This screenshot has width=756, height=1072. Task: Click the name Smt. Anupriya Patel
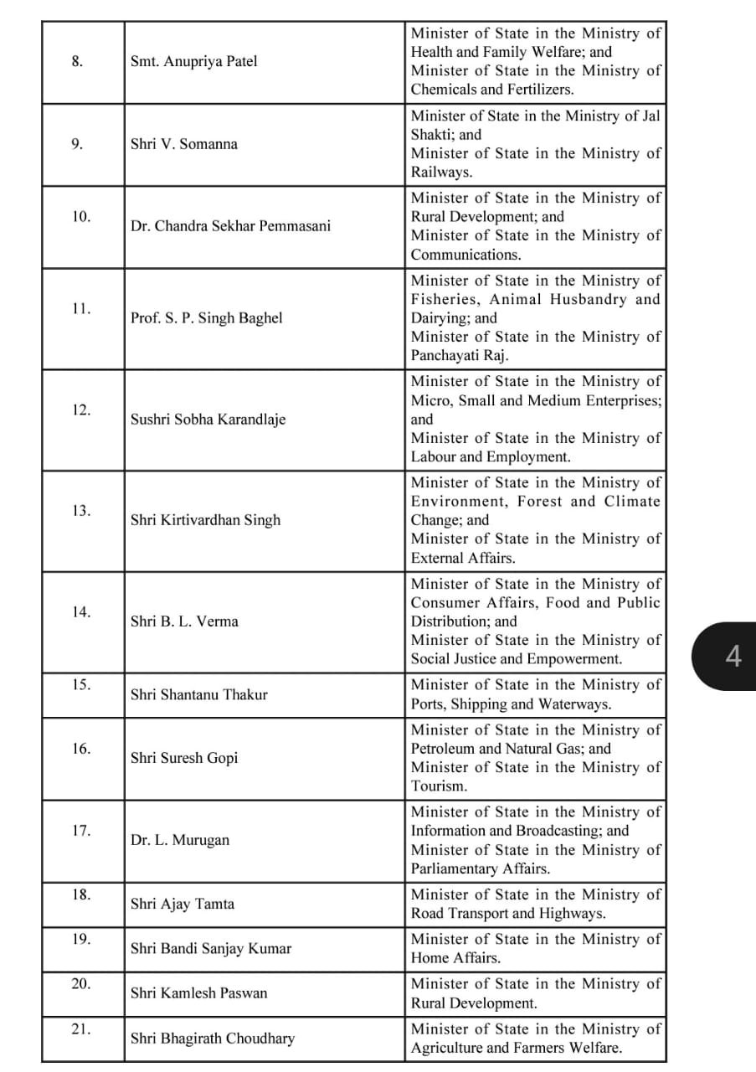click(x=193, y=61)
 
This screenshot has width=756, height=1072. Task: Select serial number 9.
click(x=77, y=144)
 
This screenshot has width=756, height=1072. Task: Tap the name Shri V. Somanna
click(x=183, y=144)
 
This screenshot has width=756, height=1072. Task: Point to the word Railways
click(x=441, y=173)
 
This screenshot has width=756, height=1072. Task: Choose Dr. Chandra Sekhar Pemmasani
click(x=230, y=226)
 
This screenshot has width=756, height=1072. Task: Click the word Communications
click(x=465, y=255)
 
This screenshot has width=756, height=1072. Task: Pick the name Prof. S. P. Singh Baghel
click(x=206, y=318)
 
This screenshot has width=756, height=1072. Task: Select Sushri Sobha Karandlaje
click(x=208, y=420)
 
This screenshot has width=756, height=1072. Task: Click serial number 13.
click(x=81, y=511)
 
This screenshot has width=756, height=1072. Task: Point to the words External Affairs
click(x=463, y=558)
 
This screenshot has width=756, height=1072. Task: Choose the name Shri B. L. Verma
click(x=184, y=621)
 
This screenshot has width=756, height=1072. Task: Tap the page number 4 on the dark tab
click(x=733, y=657)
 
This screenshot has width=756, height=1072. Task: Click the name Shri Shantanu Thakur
click(x=199, y=694)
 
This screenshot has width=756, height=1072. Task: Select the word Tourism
click(x=439, y=786)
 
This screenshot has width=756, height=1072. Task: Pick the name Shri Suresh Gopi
click(x=184, y=758)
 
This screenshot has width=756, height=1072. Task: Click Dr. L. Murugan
click(x=179, y=840)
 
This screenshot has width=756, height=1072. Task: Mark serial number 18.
click(x=81, y=895)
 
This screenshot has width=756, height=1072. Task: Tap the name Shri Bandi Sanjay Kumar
click(x=211, y=949)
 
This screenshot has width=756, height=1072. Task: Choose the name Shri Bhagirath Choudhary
click(x=213, y=1038)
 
